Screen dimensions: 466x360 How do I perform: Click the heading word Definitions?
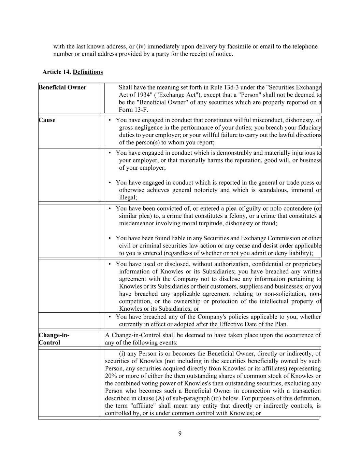[x=88, y=72]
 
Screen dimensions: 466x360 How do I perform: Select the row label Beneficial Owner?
[x=62, y=87]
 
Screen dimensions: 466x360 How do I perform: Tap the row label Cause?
[x=47, y=120]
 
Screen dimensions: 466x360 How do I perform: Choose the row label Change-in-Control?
[x=54, y=339]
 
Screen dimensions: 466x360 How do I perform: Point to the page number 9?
[x=180, y=434]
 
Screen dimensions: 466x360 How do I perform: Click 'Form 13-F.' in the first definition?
[x=133, y=110]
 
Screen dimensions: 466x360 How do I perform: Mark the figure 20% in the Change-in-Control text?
[x=111, y=376]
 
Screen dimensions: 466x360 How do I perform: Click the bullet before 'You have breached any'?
[x=110, y=317]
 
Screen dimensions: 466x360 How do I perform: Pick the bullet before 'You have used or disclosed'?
[x=110, y=264]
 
